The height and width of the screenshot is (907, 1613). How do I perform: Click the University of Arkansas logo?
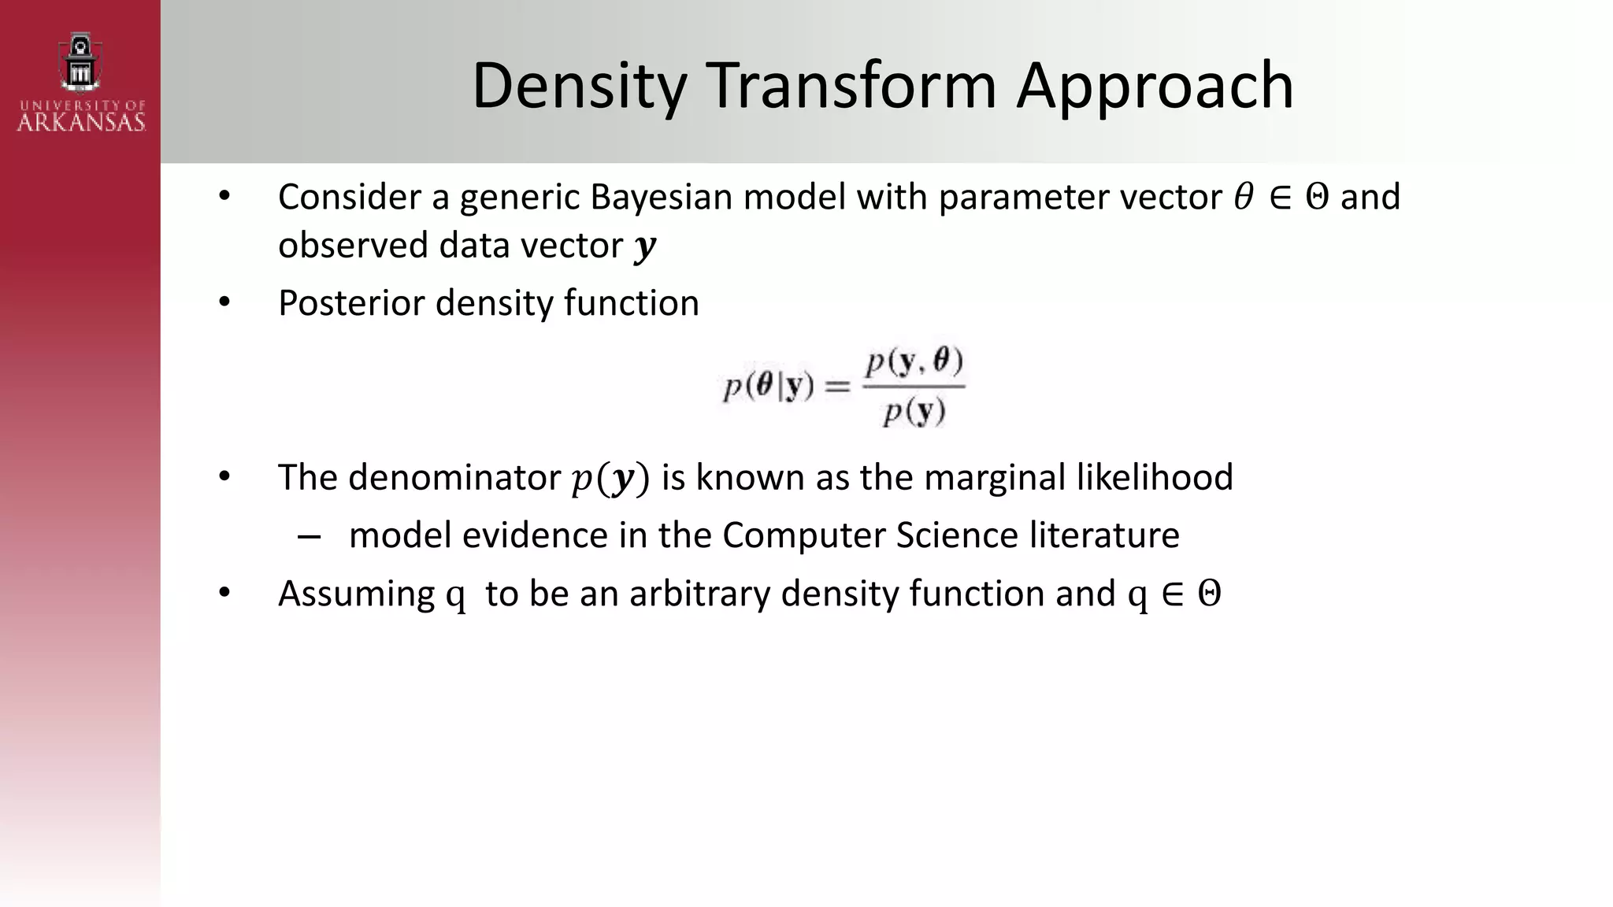pos(80,83)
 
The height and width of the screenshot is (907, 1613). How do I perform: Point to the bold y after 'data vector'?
pos(644,246)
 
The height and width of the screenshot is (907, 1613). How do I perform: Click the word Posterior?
pos(350,303)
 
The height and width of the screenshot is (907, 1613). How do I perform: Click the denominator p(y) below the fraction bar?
pos(914,412)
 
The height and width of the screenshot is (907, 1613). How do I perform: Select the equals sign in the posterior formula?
pos(837,387)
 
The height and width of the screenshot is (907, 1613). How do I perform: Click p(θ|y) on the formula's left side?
pos(768,387)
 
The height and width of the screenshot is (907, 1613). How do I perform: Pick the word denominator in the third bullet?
pos(454,478)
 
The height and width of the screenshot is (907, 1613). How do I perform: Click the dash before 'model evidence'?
pos(309,537)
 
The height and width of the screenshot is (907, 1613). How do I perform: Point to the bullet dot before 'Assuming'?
pos(224,593)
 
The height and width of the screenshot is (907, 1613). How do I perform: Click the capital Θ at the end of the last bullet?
pos(1209,594)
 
